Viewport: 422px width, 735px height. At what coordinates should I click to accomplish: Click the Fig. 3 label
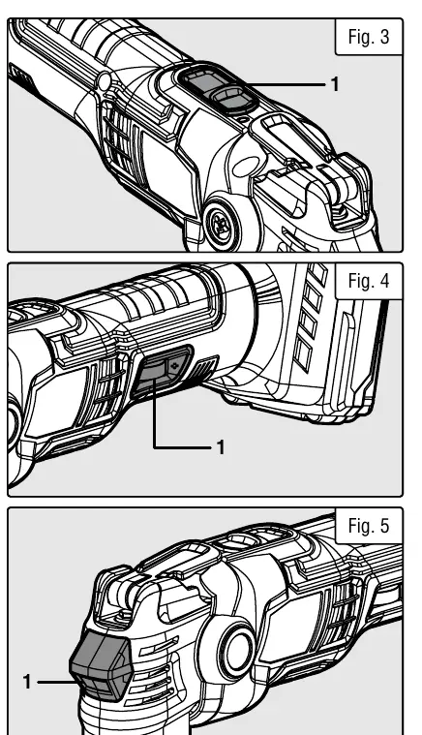pos(369,37)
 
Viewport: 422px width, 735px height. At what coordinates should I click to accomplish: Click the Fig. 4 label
pos(369,281)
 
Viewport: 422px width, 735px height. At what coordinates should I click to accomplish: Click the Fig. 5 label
pos(369,526)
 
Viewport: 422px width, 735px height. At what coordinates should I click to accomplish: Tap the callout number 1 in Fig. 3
pos(335,84)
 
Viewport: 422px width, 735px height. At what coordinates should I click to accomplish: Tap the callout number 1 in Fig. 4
pos(221,447)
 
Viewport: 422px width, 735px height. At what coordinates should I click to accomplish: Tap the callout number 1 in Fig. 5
pos(27,682)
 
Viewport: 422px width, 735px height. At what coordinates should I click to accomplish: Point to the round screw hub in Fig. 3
pos(222,224)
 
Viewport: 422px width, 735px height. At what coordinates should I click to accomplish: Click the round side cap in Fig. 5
pos(235,651)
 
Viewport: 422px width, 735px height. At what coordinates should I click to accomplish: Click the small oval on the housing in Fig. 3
pos(247,167)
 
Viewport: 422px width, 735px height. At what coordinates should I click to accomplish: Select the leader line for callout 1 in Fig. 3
pos(286,85)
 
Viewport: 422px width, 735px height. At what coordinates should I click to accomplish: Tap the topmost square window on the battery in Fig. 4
pos(317,273)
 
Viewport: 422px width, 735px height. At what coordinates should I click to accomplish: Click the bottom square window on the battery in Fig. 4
pos(303,354)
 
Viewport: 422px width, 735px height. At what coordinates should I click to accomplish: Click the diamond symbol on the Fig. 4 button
pos(176,365)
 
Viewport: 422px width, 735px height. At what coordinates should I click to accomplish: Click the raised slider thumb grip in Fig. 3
pos(229,99)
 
